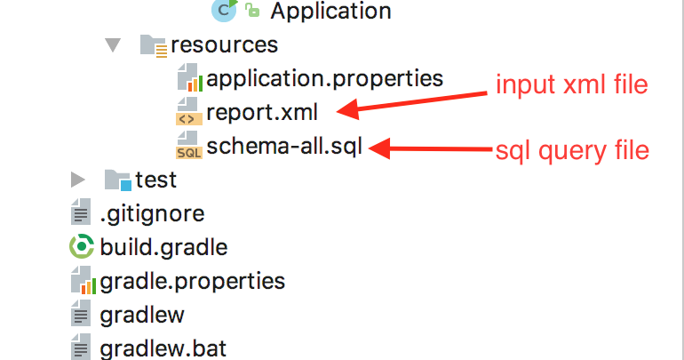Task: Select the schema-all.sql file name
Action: (283, 147)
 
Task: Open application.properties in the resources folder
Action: (324, 78)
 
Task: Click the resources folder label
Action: (224, 44)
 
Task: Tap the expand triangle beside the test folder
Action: (78, 180)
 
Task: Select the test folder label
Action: (155, 180)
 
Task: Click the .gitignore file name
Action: (152, 213)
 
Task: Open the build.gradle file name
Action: (163, 247)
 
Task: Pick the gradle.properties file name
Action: (192, 282)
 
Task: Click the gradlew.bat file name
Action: (163, 348)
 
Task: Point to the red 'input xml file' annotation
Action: (571, 85)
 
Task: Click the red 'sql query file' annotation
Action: (572, 150)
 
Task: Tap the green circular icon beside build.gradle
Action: (82, 247)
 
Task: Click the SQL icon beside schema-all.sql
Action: (188, 146)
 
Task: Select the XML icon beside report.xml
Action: (188, 113)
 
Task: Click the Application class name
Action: (330, 11)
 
